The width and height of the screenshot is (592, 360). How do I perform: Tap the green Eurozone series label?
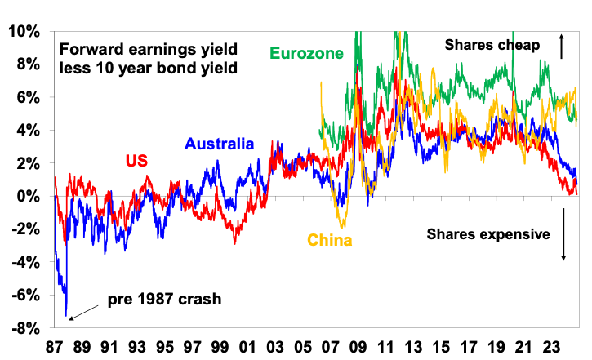pyautogui.click(x=305, y=54)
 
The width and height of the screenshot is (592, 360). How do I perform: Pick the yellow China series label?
pyautogui.click(x=330, y=240)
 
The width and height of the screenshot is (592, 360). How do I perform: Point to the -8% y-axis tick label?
pyautogui.click(x=24, y=328)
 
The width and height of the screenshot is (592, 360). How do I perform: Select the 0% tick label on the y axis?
pyautogui.click(x=29, y=197)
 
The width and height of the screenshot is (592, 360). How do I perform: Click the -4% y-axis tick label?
pyautogui.click(x=24, y=263)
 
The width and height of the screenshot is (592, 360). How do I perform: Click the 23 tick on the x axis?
pyautogui.click(x=550, y=345)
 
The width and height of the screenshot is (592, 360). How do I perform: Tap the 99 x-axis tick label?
pyautogui.click(x=219, y=345)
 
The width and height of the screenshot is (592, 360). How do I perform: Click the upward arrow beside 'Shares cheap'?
pyautogui.click(x=562, y=46)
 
